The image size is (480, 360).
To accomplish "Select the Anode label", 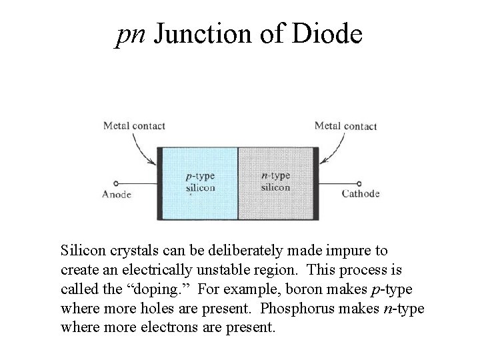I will click(117, 195).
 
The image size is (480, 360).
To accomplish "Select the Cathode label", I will click(360, 194).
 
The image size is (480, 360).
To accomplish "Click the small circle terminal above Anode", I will click(116, 183).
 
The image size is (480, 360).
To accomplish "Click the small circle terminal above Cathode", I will click(360, 183).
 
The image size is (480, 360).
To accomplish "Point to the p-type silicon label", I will click(200, 182).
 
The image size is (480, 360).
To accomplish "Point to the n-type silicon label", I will click(275, 181).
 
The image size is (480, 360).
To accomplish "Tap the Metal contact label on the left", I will click(134, 125).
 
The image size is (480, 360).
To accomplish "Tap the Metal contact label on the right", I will click(345, 125).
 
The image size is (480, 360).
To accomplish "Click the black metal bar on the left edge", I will click(159, 183).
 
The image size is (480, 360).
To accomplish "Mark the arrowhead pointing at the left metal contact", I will click(155, 164).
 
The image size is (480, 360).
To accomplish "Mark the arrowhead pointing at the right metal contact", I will click(322, 163).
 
